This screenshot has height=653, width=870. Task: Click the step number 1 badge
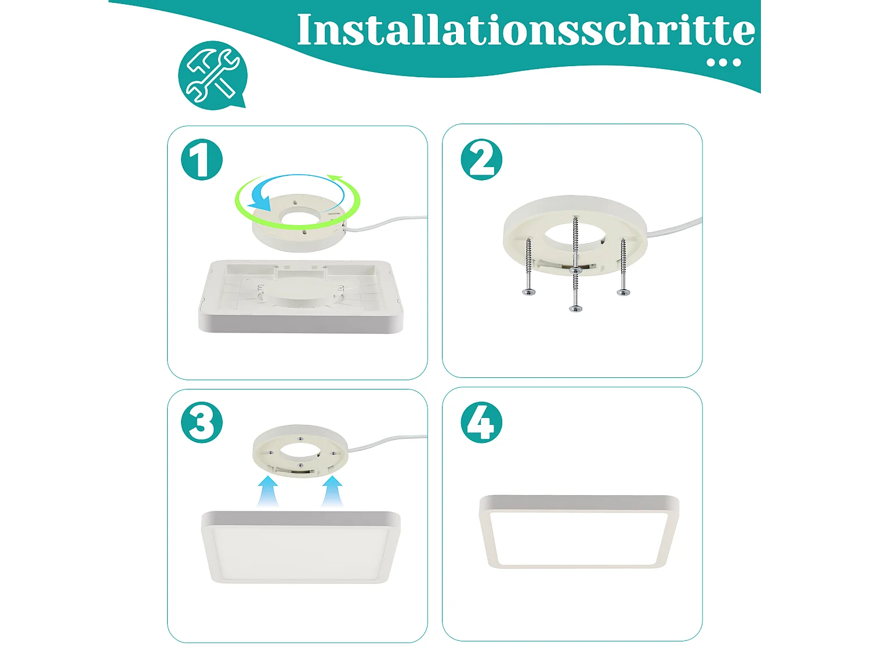[202, 160]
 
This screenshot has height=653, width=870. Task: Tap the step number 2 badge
[481, 160]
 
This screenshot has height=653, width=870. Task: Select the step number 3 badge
[202, 422]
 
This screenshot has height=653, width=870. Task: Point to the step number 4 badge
[481, 422]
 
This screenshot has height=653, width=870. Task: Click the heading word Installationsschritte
[525, 30]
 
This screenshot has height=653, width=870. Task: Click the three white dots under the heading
[724, 63]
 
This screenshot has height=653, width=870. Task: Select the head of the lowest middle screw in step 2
[575, 308]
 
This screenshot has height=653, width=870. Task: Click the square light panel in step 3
[300, 549]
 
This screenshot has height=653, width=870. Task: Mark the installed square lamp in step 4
[578, 531]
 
